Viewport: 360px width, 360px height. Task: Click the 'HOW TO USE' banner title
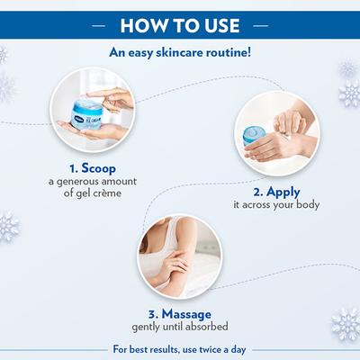click(x=179, y=22)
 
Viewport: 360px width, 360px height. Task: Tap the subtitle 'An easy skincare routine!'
click(x=180, y=52)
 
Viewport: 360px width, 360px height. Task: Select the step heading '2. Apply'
click(x=276, y=192)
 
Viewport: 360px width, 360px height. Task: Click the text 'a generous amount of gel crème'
click(x=93, y=187)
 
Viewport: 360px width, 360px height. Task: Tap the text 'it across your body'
click(x=276, y=205)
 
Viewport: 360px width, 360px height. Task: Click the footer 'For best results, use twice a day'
click(x=180, y=347)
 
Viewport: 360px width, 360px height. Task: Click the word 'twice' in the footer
click(x=216, y=347)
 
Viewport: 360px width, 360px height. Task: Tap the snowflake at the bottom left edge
click(x=9, y=224)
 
